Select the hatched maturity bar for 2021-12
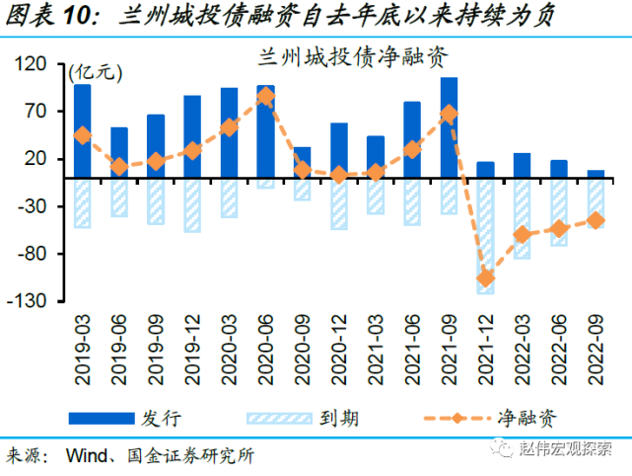tap(485, 237)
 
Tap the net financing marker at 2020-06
tap(265, 96)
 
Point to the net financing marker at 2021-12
tap(485, 278)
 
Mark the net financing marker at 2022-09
tap(595, 220)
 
